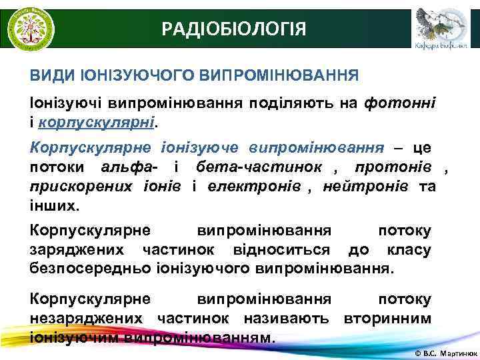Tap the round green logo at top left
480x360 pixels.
pyautogui.click(x=31, y=28)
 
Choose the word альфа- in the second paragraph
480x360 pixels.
pyautogui.click(x=133, y=165)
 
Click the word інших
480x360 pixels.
pyautogui.click(x=54, y=205)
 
